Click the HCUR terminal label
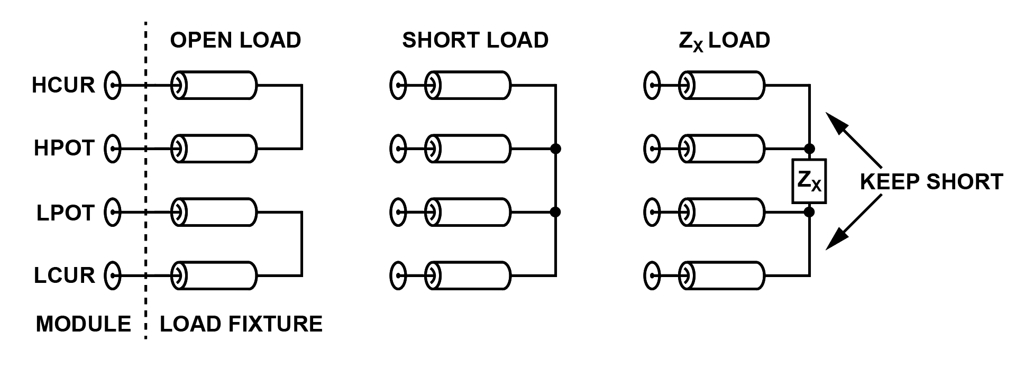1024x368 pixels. [x=63, y=85]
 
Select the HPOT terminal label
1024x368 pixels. [x=64, y=149]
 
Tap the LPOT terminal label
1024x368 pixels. [x=65, y=213]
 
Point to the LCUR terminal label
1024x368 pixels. [x=65, y=275]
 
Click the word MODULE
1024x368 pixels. [x=83, y=324]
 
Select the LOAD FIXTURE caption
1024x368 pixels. [x=241, y=324]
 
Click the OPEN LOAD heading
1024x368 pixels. [x=235, y=40]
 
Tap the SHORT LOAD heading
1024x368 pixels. [x=475, y=40]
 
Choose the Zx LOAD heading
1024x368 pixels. [x=724, y=41]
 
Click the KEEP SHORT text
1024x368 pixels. [x=931, y=182]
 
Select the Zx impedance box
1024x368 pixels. [x=809, y=181]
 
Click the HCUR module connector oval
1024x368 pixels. [x=112, y=85]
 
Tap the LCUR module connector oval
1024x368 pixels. [x=112, y=275]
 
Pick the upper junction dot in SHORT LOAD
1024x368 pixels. [x=555, y=149]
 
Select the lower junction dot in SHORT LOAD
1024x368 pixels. [x=555, y=213]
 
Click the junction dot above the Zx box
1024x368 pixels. [x=809, y=149]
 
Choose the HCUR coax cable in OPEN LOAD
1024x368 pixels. [x=214, y=85]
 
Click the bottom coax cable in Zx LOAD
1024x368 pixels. [x=722, y=275]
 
